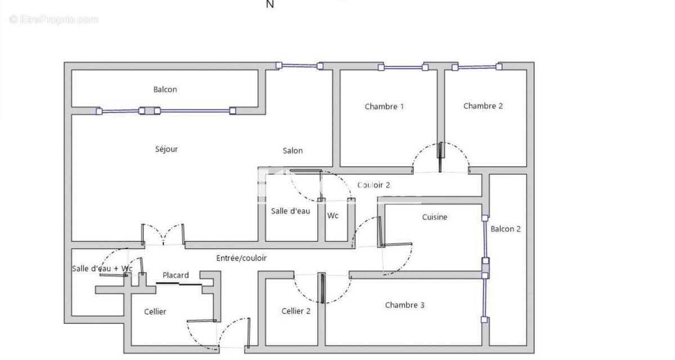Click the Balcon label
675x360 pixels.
pos(165,89)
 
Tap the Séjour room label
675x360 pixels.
pos(166,149)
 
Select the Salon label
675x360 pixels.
pos(292,150)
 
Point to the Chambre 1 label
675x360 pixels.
pos(384,106)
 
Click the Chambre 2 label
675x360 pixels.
pos(483,106)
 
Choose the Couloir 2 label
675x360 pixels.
pos(373,184)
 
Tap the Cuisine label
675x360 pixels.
pos(435,217)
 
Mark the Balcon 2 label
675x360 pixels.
pos(505,229)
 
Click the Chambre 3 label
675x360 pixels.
pos(404,305)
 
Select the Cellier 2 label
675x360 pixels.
pos(296,311)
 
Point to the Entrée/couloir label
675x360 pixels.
pos(241,258)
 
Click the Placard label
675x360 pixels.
pos(175,275)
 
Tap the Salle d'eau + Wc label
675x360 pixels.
pos(102,268)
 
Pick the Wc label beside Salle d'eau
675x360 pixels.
pos(332,215)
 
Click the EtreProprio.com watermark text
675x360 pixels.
pos(54,20)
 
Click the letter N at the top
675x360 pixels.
pos(269,4)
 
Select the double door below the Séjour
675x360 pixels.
pos(163,235)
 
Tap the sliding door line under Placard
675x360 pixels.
pos(179,284)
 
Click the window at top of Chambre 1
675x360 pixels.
pos(403,68)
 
